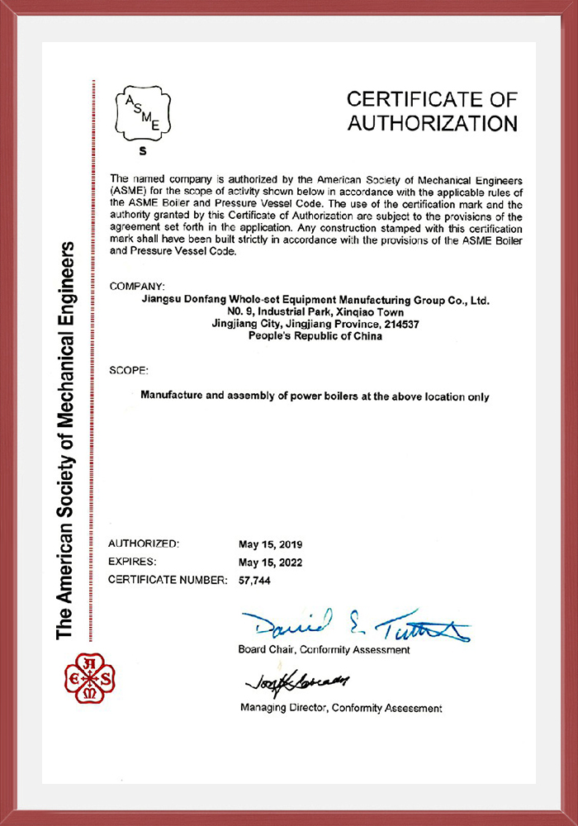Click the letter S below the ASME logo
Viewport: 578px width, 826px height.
(142, 151)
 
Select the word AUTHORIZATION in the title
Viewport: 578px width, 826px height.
(432, 124)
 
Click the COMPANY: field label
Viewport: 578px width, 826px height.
(136, 286)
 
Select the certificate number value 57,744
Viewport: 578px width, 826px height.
(254, 581)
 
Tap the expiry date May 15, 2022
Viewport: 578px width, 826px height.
(270, 563)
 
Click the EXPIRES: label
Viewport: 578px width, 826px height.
(132, 563)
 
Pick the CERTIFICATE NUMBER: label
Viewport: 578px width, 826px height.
(168, 581)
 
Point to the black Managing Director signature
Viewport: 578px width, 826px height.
(296, 681)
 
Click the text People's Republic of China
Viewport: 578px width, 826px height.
(315, 336)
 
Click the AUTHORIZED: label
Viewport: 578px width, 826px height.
(143, 544)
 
